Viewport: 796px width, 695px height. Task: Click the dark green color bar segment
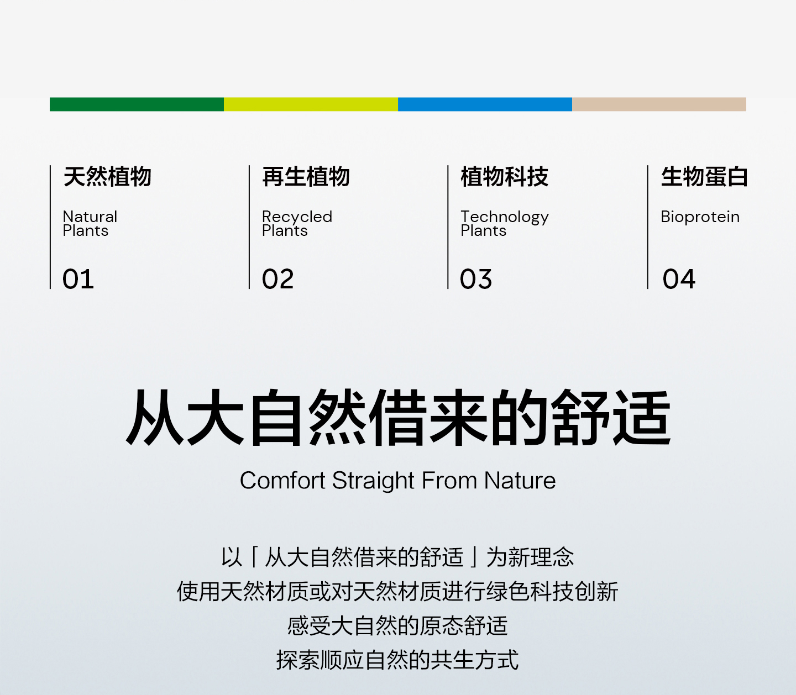137,104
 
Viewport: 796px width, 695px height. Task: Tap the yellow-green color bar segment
311,104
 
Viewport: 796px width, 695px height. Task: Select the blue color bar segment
485,104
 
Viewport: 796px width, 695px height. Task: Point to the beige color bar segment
659,104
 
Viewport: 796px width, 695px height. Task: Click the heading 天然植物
107,176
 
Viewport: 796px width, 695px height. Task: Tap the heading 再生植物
306,176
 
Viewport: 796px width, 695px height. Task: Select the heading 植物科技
505,176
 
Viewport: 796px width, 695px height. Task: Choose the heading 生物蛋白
704,176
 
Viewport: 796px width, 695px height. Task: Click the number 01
78,279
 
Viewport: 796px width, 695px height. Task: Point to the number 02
278,279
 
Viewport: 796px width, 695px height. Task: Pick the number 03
476,279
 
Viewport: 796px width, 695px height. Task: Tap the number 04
679,279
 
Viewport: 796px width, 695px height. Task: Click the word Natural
90,217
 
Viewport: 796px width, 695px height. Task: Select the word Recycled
297,217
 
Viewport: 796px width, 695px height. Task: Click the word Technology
505,217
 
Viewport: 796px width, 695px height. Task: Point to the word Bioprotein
700,217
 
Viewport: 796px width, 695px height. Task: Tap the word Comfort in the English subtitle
282,481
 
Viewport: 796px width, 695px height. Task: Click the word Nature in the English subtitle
520,481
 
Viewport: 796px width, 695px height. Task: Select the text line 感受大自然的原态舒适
397,625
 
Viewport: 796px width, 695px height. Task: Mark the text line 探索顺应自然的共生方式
397,660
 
